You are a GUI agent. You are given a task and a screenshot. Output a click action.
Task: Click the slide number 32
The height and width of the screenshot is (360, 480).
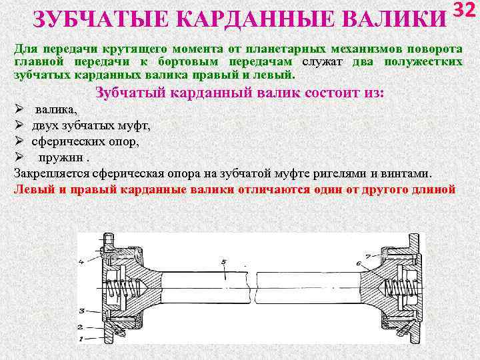466,11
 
